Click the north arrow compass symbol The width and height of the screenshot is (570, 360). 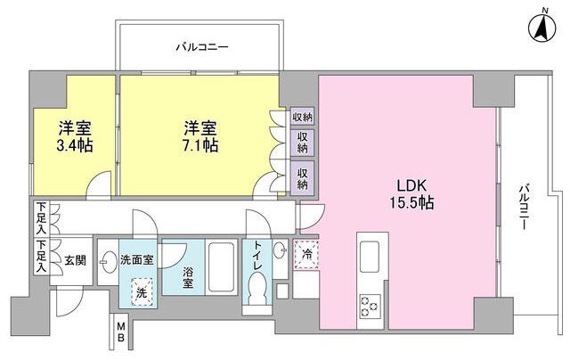point(542,28)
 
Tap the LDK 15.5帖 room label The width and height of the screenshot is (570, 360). point(411,194)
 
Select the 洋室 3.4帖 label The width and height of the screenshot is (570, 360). point(75,136)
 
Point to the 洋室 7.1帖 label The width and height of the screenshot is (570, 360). point(200,136)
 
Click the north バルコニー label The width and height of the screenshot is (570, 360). point(202,47)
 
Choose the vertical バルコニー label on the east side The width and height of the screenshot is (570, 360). point(524,206)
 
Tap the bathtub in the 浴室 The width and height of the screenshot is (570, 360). point(221,266)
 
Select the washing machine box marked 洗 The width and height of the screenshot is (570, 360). point(142,290)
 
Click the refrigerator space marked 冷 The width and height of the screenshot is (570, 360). point(306,255)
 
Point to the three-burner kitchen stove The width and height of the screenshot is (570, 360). point(370,307)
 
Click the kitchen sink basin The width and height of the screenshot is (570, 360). point(369,257)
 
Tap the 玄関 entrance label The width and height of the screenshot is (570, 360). point(76,260)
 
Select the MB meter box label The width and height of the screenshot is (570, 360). point(120,332)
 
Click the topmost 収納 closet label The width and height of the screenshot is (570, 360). point(302,118)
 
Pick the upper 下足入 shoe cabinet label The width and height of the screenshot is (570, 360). point(42,218)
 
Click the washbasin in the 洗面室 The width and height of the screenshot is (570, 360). point(107,262)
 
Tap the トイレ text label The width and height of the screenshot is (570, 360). point(257,256)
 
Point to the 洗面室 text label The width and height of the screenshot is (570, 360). point(136,259)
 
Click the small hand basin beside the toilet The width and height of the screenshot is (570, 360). point(280,250)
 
